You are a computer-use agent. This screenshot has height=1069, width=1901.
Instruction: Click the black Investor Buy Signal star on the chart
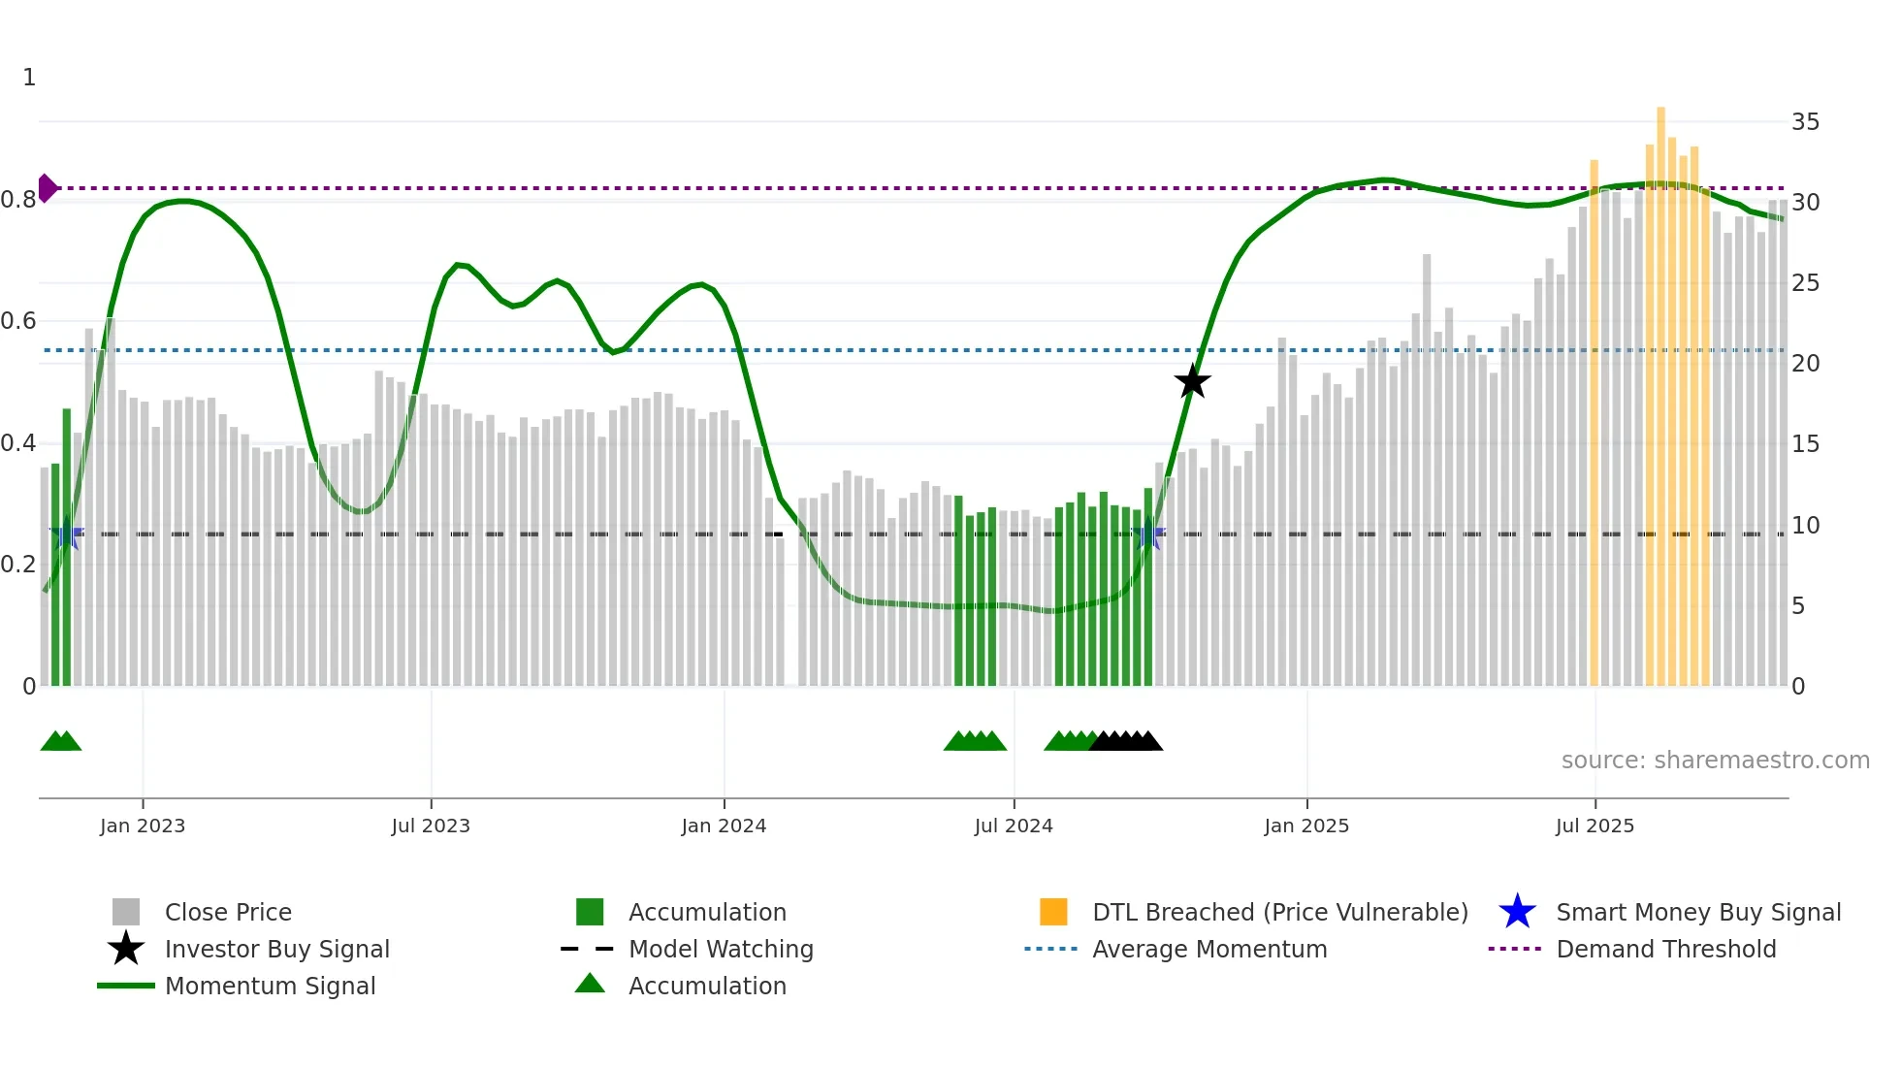click(x=1192, y=381)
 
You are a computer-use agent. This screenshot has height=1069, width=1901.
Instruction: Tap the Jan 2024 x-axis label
click(x=724, y=826)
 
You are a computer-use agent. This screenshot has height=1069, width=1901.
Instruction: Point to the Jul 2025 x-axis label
click(x=1595, y=826)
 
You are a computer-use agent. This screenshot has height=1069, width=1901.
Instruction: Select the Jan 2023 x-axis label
click(x=143, y=826)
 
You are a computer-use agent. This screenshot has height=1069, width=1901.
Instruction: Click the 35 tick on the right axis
click(x=1805, y=122)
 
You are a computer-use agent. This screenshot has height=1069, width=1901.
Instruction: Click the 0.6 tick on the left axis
click(x=18, y=321)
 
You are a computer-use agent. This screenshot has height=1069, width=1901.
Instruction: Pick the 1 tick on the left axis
click(x=29, y=78)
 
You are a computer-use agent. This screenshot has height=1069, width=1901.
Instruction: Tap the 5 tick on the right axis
click(x=1798, y=606)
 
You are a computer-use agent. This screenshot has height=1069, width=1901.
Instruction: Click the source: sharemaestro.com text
click(x=1715, y=761)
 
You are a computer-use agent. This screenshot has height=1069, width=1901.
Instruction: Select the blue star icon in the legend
click(x=1517, y=912)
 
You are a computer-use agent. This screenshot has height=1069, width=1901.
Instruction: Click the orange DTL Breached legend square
click(x=1053, y=912)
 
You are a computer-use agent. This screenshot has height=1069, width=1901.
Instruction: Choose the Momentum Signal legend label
click(x=270, y=986)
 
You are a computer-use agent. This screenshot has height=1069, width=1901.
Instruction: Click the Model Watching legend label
click(x=721, y=949)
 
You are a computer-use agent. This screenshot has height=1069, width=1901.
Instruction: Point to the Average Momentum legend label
click(x=1209, y=949)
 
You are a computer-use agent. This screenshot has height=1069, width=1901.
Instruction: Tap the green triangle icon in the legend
click(x=590, y=984)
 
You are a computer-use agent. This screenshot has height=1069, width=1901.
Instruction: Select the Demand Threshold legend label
click(x=1665, y=949)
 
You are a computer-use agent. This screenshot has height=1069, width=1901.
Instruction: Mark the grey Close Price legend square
click(x=126, y=912)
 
